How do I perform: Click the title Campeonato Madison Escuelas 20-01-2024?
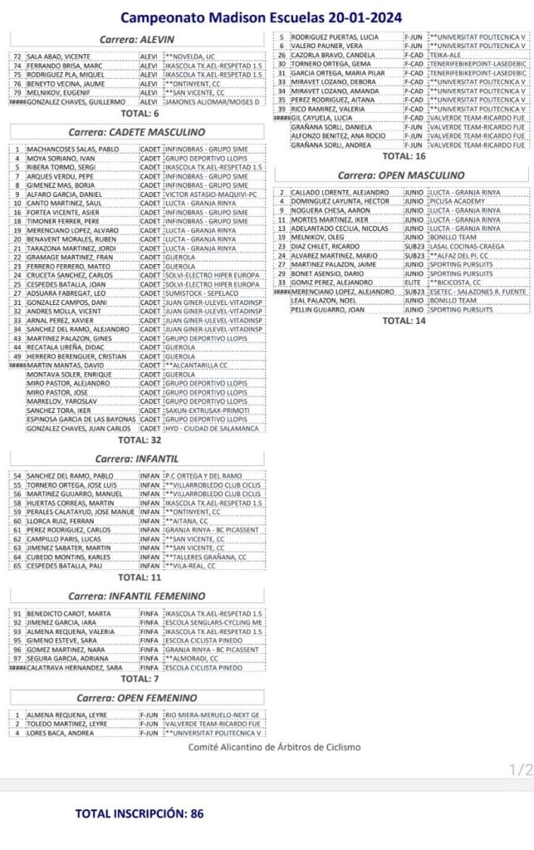pos(261,17)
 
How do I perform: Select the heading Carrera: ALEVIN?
pos(137,40)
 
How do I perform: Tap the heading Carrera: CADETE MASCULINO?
pos(137,132)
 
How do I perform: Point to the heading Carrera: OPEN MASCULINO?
pos(402,176)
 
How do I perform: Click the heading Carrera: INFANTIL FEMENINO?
pos(137,597)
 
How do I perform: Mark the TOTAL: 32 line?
pos(140,440)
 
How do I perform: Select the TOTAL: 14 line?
pos(404,320)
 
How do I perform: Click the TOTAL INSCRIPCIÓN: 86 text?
pos(139,813)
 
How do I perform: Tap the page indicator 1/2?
pos(521,770)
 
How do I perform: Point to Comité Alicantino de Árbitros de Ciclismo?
pos(274,747)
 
